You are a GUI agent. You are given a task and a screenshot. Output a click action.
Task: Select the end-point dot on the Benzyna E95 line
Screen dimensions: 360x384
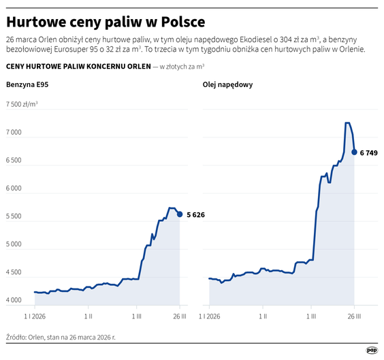(x=180, y=214)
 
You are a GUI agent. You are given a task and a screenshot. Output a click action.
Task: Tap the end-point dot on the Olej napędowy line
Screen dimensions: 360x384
(x=354, y=152)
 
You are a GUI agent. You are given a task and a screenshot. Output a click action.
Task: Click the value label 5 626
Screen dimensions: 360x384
(x=195, y=215)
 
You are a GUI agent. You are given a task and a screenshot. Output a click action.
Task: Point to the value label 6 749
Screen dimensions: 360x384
(x=368, y=152)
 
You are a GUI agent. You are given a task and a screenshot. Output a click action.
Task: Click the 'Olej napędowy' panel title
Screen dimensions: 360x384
(x=228, y=84)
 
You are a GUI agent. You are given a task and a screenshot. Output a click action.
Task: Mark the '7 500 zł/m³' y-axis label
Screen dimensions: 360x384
(x=22, y=104)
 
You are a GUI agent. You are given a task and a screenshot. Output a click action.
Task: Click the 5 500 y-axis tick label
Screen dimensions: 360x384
(x=15, y=216)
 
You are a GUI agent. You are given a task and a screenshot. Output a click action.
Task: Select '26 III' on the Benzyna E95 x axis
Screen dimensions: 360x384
(x=180, y=316)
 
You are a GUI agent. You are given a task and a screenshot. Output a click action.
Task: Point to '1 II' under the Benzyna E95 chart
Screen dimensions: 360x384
(x=89, y=316)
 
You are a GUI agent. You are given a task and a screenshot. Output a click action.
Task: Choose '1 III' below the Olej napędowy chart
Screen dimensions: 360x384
(x=311, y=316)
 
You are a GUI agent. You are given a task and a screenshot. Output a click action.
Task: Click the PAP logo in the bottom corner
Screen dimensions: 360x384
(x=372, y=350)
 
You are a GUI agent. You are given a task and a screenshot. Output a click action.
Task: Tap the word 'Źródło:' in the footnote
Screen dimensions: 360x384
(x=18, y=336)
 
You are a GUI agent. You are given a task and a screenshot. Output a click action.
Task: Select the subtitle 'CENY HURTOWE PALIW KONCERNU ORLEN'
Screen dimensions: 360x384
(x=78, y=67)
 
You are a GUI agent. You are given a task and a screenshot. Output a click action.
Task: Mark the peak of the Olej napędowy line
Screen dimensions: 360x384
(x=347, y=123)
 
